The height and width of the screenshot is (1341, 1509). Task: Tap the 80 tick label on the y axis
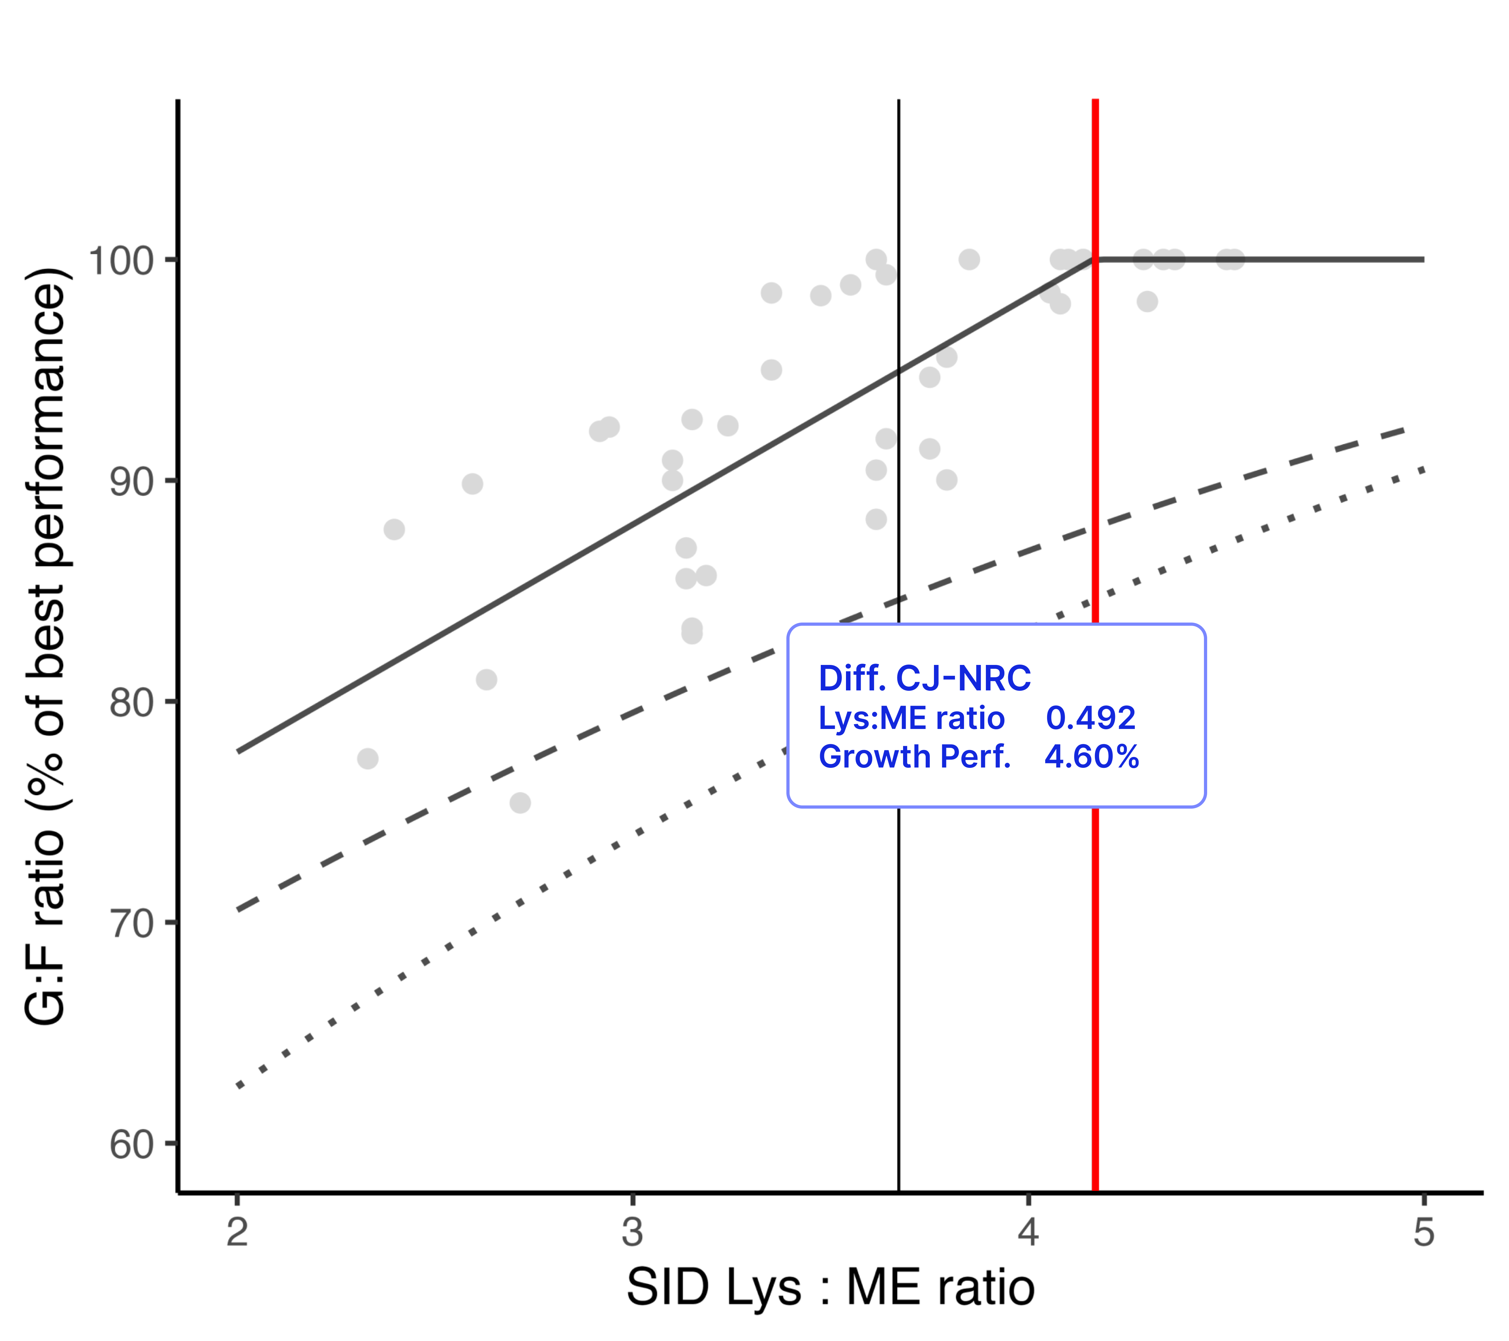click(131, 703)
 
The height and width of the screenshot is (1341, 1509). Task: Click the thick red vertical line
click(1096, 443)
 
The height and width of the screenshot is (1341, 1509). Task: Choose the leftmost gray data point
click(368, 759)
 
